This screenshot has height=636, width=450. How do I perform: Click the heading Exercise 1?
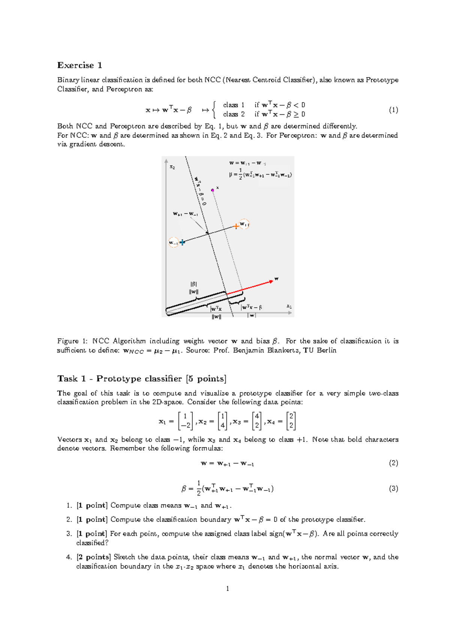point(79,65)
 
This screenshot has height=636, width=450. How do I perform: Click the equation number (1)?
point(393,110)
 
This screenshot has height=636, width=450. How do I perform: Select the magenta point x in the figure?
point(213,190)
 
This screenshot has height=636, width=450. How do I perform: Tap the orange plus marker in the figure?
point(236,226)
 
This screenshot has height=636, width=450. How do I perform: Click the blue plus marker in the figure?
point(182,242)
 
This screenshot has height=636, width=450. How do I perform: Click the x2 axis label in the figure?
point(172,167)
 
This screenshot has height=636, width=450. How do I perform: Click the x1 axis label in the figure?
point(289,306)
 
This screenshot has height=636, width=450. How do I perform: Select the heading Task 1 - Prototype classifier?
point(142,379)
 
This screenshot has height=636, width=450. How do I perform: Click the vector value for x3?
point(257,421)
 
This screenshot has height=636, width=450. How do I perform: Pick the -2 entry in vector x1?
point(186,425)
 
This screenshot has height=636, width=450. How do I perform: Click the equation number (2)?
point(393,463)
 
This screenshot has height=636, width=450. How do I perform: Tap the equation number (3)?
point(393,489)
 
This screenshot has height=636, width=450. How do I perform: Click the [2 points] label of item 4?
point(93,557)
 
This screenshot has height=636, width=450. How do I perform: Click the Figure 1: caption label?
point(68,341)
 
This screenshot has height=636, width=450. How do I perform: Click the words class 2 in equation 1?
point(234,114)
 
